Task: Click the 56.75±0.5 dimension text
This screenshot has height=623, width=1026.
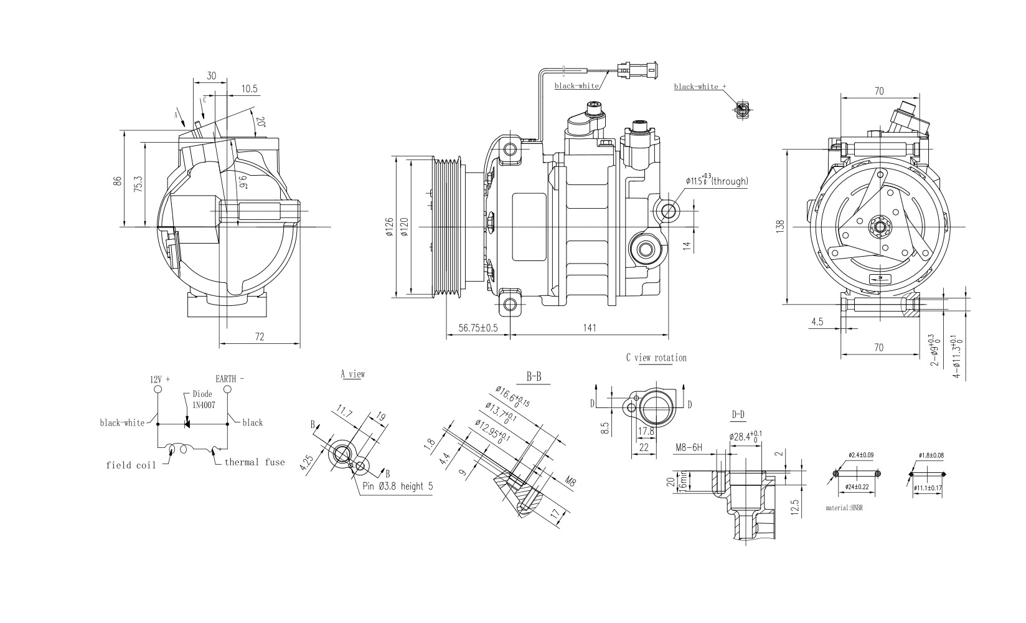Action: tap(478, 328)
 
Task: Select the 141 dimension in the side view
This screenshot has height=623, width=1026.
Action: tap(590, 328)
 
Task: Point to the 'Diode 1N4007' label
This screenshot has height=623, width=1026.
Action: tap(202, 399)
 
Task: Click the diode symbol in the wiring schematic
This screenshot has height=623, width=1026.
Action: tap(186, 424)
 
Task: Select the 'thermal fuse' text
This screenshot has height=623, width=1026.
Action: tap(254, 462)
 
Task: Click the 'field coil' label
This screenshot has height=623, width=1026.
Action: tap(131, 465)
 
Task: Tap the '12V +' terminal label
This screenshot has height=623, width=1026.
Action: tap(160, 379)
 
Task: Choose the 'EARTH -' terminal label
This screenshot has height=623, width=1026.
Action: tap(230, 379)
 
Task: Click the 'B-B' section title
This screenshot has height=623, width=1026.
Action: tap(534, 377)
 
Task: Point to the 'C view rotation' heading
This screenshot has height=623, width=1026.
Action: tap(656, 358)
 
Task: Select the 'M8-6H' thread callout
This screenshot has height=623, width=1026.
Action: tap(689, 447)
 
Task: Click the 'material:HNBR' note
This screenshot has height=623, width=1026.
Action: tap(844, 508)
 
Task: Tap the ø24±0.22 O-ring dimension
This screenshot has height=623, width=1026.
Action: tap(857, 488)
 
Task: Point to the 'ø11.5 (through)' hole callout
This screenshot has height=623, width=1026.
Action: tap(717, 181)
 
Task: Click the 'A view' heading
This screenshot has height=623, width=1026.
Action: tap(352, 374)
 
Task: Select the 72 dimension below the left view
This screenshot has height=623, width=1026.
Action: tap(260, 336)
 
